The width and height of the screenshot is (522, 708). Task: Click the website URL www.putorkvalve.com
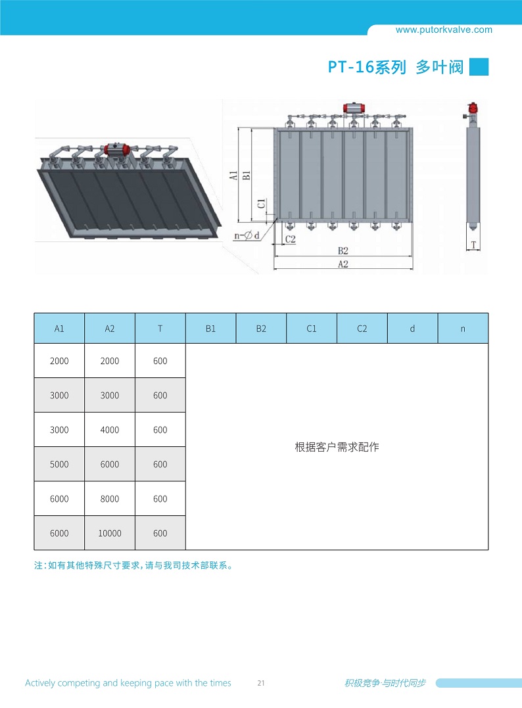[444, 30]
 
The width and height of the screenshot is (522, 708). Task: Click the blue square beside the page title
[479, 67]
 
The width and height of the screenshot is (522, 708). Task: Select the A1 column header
[59, 329]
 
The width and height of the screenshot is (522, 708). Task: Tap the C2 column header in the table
[362, 329]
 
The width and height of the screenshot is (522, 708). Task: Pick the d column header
[412, 329]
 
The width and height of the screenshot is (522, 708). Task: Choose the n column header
[463, 329]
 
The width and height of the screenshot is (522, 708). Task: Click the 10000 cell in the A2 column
[110, 533]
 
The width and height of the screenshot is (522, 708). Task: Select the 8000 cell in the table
[110, 499]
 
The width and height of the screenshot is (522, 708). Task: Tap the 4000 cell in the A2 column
[110, 430]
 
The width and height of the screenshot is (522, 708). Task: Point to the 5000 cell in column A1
[59, 464]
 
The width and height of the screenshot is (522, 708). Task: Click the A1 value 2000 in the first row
[59, 361]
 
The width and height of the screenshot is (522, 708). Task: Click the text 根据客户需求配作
[337, 447]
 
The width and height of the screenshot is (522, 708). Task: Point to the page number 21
[261, 683]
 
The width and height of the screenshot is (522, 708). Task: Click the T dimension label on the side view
[473, 245]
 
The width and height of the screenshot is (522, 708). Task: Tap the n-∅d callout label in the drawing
[247, 235]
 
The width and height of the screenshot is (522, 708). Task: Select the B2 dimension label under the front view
[343, 250]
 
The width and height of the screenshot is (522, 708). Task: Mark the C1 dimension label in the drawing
[262, 204]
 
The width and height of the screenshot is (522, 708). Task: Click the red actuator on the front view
[354, 108]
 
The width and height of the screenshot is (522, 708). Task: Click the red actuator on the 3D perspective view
[116, 149]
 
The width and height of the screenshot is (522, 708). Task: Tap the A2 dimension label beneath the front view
[343, 264]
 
